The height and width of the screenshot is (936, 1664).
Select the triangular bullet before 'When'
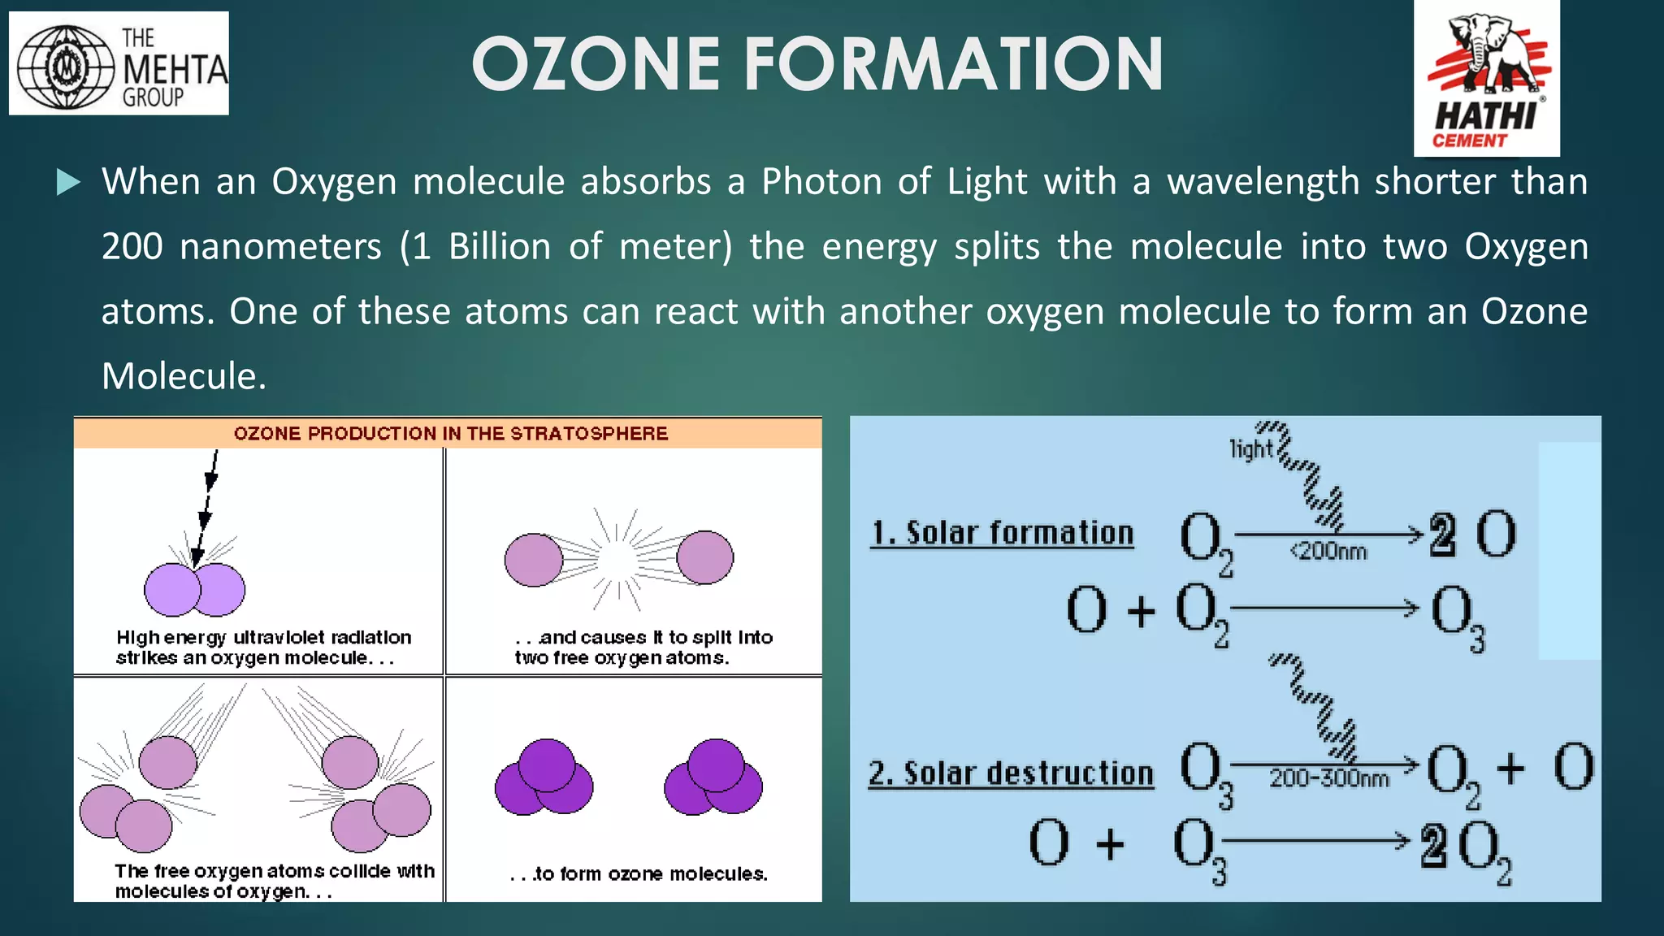point(68,182)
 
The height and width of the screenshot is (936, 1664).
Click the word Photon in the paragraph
point(821,181)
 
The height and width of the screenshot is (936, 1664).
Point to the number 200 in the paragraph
point(132,246)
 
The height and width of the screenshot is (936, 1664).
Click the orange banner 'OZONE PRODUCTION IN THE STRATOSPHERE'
point(450,433)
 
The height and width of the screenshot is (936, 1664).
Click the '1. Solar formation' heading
point(1002,533)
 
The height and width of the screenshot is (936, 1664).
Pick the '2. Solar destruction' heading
point(1011,773)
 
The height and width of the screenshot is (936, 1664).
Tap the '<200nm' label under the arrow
point(1328,552)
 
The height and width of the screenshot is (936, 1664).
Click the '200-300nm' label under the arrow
point(1329,778)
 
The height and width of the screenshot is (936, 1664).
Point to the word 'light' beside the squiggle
point(1250,448)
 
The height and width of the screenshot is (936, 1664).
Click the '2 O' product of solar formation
point(1472,535)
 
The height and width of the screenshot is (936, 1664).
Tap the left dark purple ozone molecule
point(544,778)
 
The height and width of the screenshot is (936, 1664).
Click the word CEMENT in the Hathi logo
point(1469,141)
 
